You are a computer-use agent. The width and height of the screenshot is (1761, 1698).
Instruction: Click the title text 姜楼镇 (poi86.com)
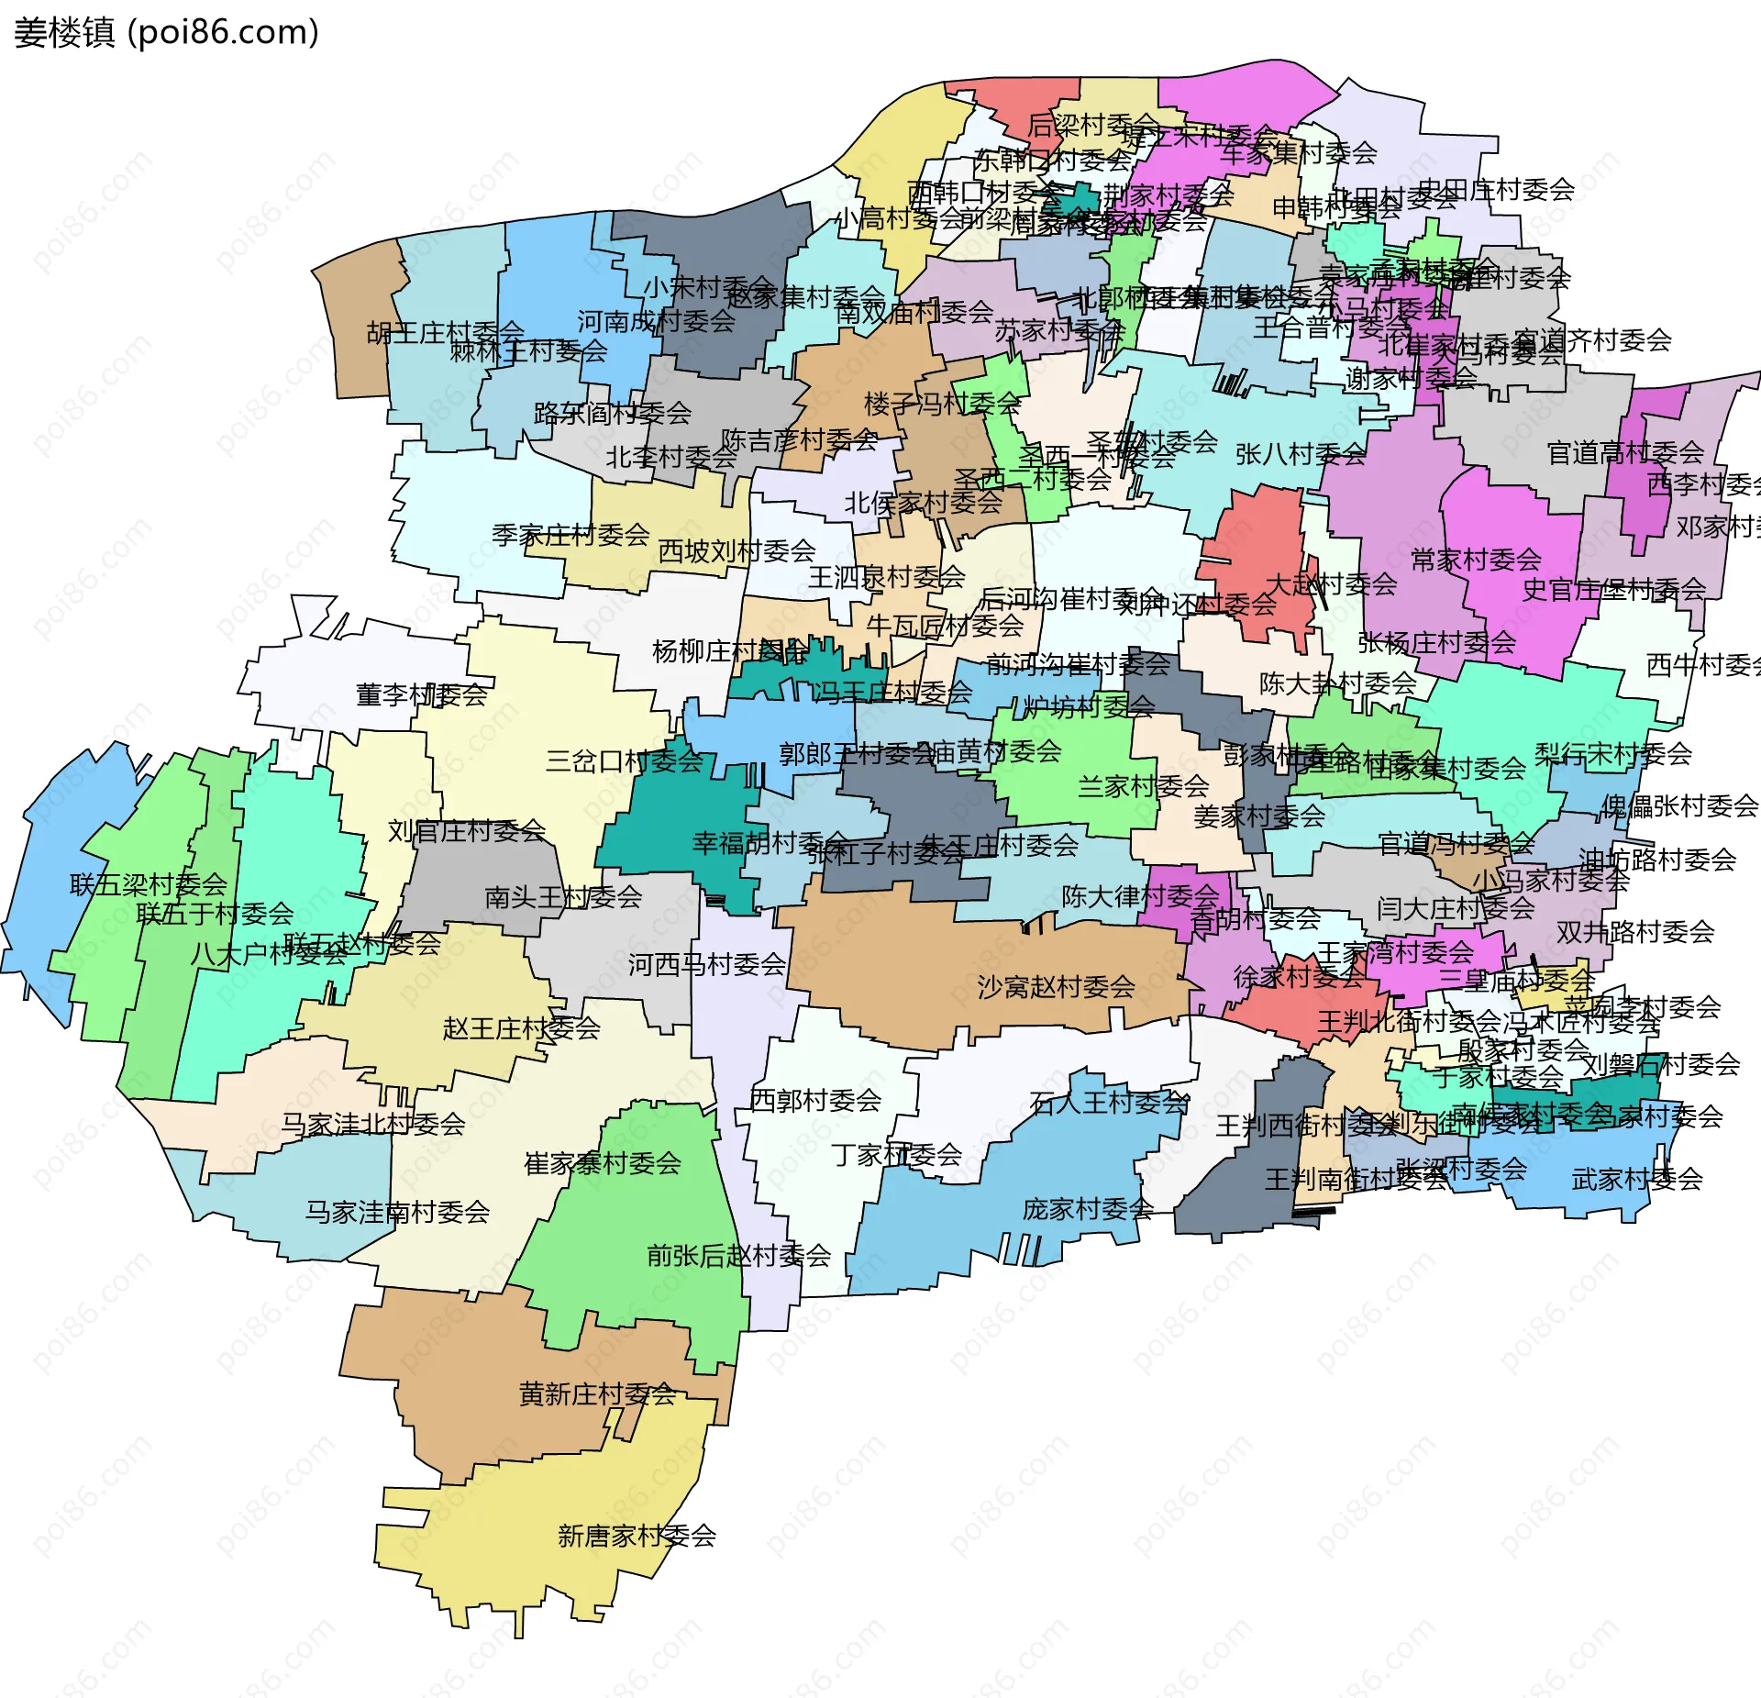(166, 33)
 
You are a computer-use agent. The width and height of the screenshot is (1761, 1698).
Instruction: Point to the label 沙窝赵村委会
(1056, 987)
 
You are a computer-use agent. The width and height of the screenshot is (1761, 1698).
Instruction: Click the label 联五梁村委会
(149, 884)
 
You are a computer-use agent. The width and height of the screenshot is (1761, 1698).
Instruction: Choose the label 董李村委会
(421, 694)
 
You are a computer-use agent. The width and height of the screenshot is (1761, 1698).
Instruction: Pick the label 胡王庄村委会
(445, 332)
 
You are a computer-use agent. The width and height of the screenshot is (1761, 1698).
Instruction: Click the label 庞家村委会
(1088, 1209)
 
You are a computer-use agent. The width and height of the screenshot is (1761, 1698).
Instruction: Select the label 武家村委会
(1636, 1179)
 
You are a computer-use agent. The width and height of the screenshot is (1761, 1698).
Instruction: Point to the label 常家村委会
(1475, 559)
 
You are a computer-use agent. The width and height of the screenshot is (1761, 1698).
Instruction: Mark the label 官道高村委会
(1625, 452)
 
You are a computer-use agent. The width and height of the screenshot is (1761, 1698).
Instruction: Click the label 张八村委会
(1300, 454)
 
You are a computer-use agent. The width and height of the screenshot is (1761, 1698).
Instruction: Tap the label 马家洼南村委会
(397, 1212)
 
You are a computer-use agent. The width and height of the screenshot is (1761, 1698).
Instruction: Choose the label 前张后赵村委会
(738, 1255)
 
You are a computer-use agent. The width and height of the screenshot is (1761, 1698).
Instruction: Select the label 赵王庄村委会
(521, 1027)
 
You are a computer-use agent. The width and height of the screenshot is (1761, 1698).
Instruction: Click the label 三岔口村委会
(624, 760)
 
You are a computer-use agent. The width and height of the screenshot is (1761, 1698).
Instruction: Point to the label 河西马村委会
(706, 964)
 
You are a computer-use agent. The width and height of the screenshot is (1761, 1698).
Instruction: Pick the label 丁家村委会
(896, 1154)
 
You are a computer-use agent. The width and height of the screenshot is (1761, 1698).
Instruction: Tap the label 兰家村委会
(1143, 786)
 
